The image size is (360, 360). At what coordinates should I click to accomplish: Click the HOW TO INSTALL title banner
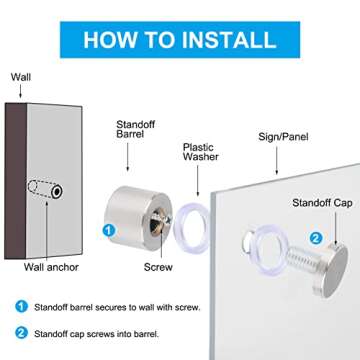coord(180,40)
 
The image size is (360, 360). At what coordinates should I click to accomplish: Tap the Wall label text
coord(21,77)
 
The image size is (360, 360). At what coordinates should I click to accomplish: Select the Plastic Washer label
coord(201,152)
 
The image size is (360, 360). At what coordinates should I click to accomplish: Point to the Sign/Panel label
coord(283,137)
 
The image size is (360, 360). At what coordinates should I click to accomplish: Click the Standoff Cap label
coord(322,203)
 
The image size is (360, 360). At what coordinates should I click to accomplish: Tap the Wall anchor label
coord(51,267)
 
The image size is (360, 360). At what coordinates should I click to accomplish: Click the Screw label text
coord(158,267)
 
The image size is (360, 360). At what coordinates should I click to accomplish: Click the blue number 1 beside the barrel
coord(109,231)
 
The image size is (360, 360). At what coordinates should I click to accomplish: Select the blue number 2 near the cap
coord(316,238)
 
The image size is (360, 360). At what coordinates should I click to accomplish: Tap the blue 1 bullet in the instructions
coord(21,307)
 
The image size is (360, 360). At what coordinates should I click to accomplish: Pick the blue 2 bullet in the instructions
coord(21,333)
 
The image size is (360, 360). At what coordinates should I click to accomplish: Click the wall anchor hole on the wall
coord(57,191)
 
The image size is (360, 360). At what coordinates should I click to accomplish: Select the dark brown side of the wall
coord(16,181)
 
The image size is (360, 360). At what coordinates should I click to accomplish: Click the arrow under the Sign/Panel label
coord(276,160)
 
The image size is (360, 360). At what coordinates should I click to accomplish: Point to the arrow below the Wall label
coord(21,91)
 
